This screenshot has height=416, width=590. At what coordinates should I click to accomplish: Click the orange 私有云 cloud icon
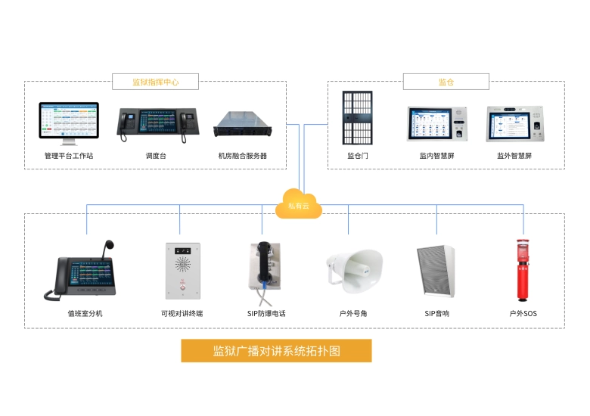coord(299,203)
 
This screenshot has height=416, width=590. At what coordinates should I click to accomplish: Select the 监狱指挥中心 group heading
coord(155,82)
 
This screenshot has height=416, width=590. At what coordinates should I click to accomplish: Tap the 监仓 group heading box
coord(446,82)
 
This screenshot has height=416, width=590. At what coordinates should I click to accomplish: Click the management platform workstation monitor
coord(69,121)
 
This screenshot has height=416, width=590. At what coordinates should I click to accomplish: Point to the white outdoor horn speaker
coord(354,269)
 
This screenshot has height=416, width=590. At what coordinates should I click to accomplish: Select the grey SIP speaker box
coord(436,271)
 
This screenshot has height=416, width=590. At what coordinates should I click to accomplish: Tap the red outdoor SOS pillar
coord(522,271)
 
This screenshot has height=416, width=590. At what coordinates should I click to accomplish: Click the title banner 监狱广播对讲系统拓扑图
coord(276,351)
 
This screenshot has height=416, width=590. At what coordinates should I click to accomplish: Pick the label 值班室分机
coord(85,313)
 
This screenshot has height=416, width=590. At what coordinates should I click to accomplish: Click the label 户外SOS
coord(523,313)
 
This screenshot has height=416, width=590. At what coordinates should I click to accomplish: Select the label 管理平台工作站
coord(69,156)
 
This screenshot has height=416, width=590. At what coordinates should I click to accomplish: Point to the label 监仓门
coord(358,156)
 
